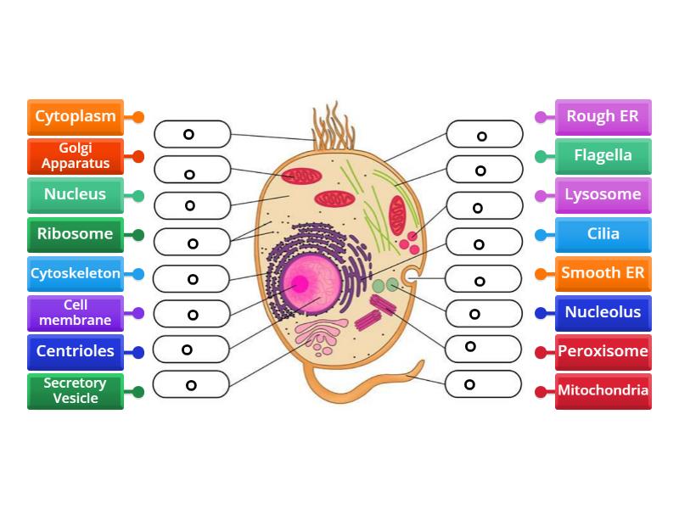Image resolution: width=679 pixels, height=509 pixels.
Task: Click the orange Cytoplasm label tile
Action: pos(76,117)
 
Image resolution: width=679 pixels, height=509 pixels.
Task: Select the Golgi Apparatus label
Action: pos(76,156)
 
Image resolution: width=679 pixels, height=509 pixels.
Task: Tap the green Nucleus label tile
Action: pos(76,195)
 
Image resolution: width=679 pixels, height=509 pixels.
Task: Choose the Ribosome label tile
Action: pos(76,234)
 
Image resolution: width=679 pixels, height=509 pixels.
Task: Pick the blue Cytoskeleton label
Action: pos(76,274)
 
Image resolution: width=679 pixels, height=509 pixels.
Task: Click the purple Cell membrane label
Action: pos(76,313)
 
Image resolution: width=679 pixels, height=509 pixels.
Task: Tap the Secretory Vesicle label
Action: pos(76,391)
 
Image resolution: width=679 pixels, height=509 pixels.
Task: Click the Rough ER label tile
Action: pos(603,117)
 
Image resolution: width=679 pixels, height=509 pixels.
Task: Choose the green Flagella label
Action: pos(603,156)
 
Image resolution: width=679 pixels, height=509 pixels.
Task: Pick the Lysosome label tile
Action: pos(603,195)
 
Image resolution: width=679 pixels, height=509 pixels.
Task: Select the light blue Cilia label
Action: pos(603,234)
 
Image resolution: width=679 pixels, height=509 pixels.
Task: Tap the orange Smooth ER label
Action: pos(603,274)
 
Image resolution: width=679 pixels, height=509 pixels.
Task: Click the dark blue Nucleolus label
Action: pos(603,313)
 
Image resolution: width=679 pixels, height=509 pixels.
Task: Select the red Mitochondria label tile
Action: pos(603,391)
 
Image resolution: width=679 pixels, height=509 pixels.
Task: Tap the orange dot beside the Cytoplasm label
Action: pos(138,117)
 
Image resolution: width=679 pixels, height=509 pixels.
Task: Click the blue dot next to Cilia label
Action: pos(541,235)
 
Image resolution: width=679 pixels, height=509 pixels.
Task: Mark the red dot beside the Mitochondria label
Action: pos(541,392)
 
